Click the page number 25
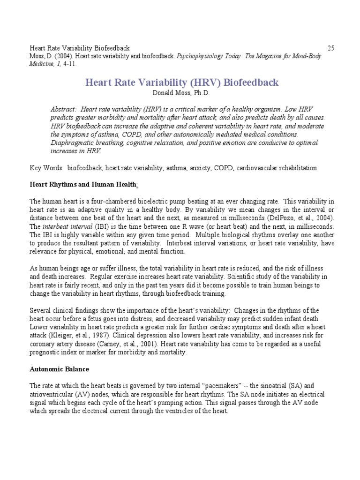click(x=330, y=48)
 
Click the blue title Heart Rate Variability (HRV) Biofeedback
click(x=182, y=82)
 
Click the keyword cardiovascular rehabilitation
click(x=275, y=168)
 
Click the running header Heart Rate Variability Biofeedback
click(x=80, y=48)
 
